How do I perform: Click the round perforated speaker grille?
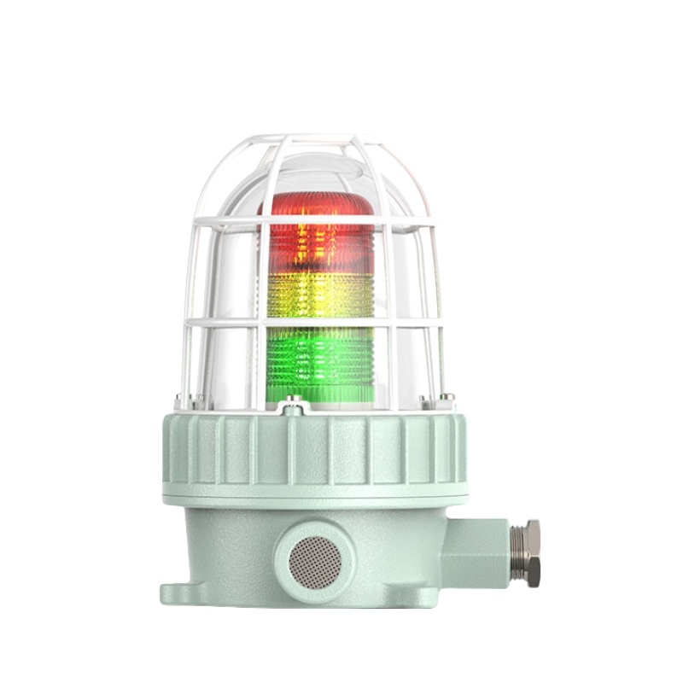pos(314,559)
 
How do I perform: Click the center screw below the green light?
pos(294,400)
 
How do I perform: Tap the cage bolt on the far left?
pos(178,399)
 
